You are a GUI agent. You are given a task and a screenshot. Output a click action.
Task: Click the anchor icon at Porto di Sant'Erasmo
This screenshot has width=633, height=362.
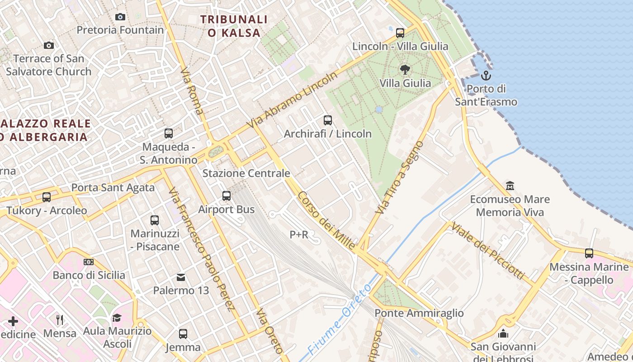pos(486,75)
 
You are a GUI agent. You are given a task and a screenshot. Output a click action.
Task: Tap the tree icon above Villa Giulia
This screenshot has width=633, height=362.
pos(405,69)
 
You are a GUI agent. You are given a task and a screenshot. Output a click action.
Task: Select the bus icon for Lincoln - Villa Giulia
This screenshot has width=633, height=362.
pos(400,33)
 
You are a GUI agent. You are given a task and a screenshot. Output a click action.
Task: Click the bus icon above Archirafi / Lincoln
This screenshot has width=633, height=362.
pos(328,120)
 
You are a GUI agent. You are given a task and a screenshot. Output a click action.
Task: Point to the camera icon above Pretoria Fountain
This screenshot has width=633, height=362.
pos(120,17)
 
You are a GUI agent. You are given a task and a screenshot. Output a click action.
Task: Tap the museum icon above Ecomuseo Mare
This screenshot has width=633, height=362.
pos(510,186)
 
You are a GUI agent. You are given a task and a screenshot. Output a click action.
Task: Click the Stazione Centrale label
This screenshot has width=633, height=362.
pos(246,173)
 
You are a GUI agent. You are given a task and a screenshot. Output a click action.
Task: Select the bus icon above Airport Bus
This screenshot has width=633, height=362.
pos(227,196)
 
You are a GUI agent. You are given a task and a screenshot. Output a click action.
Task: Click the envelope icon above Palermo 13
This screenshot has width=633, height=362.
pos(181,277)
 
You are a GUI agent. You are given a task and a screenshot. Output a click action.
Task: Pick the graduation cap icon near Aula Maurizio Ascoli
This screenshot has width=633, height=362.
pos(117,318)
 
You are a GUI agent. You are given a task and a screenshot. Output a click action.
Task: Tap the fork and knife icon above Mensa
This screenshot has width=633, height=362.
pos(60,320)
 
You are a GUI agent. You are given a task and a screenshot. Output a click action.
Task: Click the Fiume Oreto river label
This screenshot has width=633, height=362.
pos(339,319)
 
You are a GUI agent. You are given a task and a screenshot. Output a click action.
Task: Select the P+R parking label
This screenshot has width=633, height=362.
pos(299,234)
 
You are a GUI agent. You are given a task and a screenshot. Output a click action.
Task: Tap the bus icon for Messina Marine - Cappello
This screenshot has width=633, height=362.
pos(589,253)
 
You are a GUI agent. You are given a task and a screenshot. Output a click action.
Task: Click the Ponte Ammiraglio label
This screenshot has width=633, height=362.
pos(419,313)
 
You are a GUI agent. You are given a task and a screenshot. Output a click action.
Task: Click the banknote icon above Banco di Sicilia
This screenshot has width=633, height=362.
pos(89,262)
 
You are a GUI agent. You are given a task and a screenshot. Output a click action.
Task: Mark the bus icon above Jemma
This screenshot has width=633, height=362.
pos(183,334)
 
